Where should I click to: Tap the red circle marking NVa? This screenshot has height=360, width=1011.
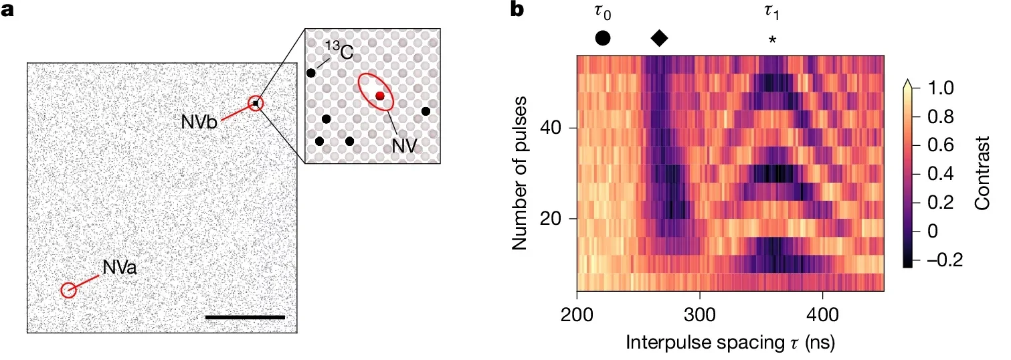tap(68, 290)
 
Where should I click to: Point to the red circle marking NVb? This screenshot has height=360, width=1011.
tap(256, 103)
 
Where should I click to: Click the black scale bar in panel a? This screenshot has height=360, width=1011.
tap(245, 317)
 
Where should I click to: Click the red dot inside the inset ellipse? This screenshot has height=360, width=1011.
tap(379, 96)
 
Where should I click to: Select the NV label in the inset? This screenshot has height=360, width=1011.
tap(401, 143)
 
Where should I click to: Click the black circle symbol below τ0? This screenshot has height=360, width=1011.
tap(602, 38)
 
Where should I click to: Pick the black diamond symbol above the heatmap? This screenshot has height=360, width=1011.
tap(659, 38)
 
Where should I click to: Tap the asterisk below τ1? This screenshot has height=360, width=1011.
tap(773, 39)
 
